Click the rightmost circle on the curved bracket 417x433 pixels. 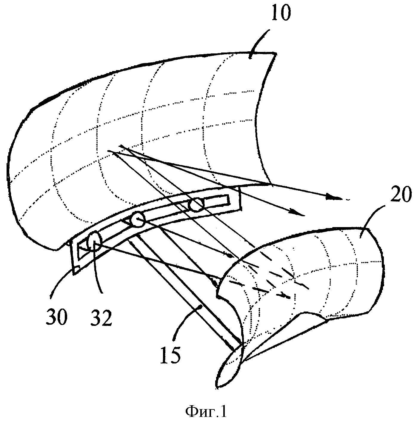tap(196, 205)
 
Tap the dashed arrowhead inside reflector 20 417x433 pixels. tap(286, 295)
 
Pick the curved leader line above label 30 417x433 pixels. tap(60, 283)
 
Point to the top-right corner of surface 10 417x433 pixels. tap(276, 53)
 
